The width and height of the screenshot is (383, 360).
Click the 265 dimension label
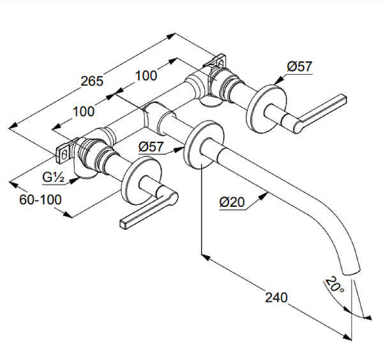pyautogui.click(x=91, y=81)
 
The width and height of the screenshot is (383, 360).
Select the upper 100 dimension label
pyautogui.click(x=146, y=75)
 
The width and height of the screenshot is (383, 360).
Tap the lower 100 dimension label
pyautogui.click(x=84, y=110)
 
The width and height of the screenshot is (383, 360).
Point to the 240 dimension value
pyautogui.click(x=276, y=297)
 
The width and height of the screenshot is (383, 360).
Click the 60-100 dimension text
pyautogui.click(x=40, y=199)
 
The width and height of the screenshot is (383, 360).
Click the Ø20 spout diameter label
pyautogui.click(x=233, y=202)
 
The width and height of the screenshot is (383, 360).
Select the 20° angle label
pyautogui.click(x=333, y=283)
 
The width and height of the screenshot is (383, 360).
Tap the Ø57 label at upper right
pyautogui.click(x=299, y=66)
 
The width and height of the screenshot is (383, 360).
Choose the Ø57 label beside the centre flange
pyautogui.click(x=152, y=147)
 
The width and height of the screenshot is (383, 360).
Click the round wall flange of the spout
pyautogui.click(x=199, y=145)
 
